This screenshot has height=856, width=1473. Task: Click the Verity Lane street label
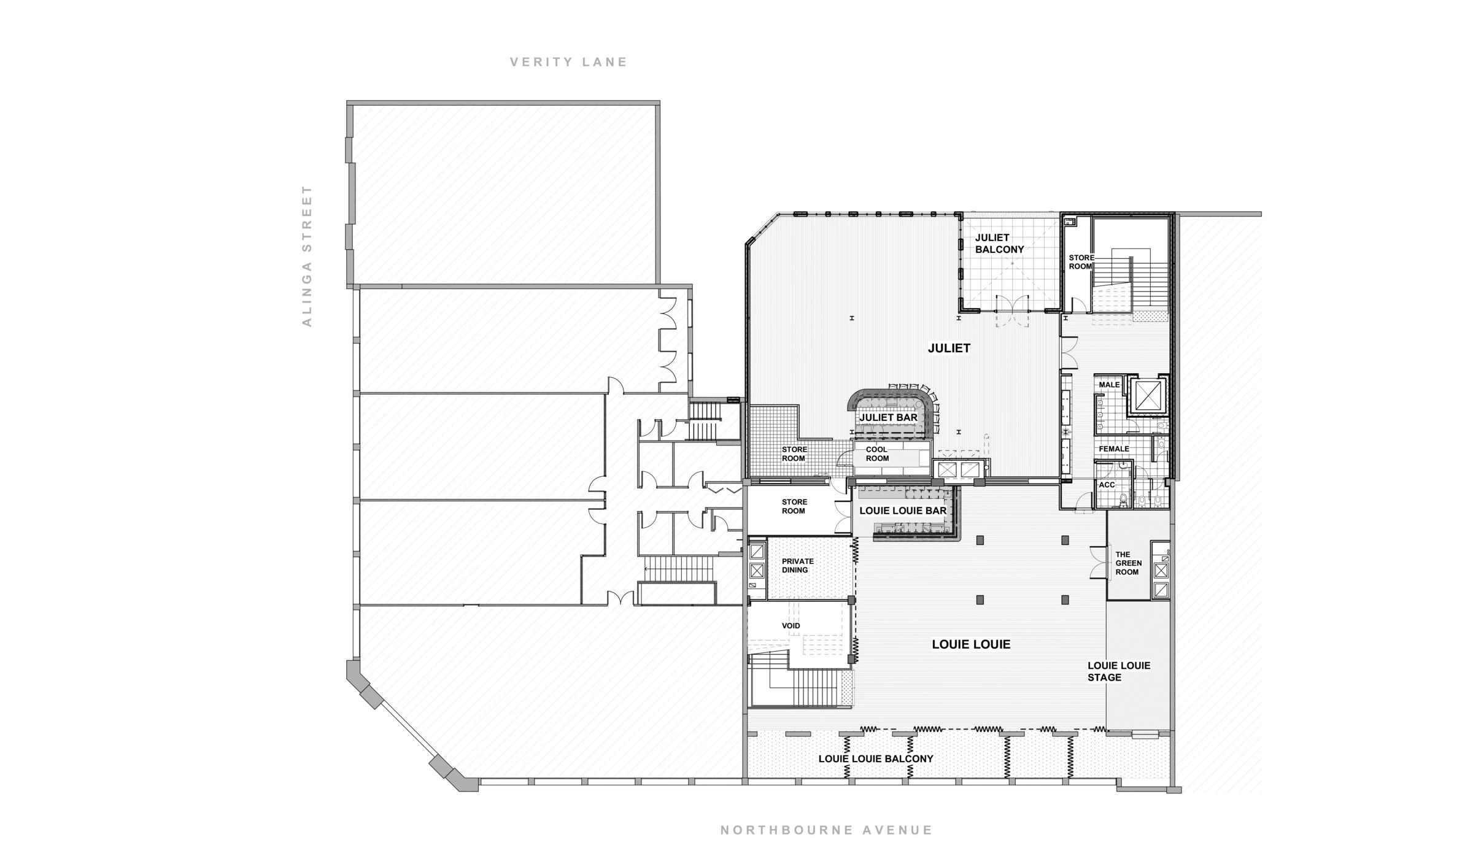pyautogui.click(x=568, y=62)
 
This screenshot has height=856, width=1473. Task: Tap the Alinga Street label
pyautogui.click(x=307, y=256)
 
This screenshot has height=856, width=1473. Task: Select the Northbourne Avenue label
pyautogui.click(x=826, y=830)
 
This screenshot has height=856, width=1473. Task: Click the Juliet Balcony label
pyautogui.click(x=999, y=244)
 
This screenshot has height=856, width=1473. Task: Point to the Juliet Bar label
pyautogui.click(x=888, y=418)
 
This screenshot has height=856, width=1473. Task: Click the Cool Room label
pyautogui.click(x=877, y=454)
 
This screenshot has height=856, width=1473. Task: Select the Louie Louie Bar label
pyautogui.click(x=903, y=511)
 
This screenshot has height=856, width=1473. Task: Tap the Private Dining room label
pyautogui.click(x=797, y=566)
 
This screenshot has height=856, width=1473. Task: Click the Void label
pyautogui.click(x=791, y=626)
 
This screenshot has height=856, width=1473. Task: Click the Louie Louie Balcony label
pyautogui.click(x=875, y=759)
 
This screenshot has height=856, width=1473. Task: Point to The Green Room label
pyautogui.click(x=1128, y=563)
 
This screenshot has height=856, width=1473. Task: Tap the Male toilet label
pyautogui.click(x=1109, y=385)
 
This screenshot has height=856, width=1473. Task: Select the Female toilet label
pyautogui.click(x=1113, y=449)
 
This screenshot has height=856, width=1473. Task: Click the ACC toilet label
pyautogui.click(x=1107, y=485)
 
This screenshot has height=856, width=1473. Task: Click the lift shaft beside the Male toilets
pyautogui.click(x=1148, y=395)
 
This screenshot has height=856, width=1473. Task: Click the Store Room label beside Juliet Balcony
pyautogui.click(x=1081, y=262)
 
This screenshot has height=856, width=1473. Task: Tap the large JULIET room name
pyautogui.click(x=948, y=348)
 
